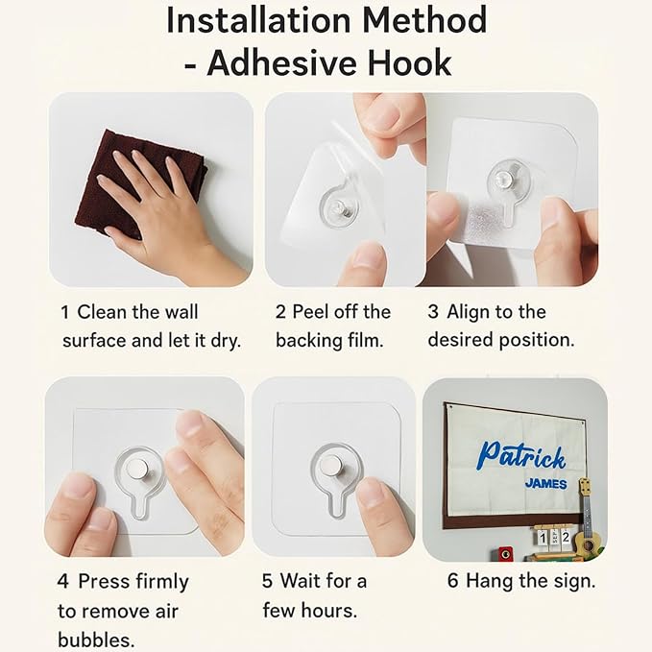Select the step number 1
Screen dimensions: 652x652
click(x=65, y=312)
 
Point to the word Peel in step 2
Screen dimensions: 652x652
click(x=310, y=312)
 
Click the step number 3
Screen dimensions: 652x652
click(x=433, y=312)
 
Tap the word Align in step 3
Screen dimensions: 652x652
click(x=469, y=313)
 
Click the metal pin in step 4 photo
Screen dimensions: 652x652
click(x=137, y=469)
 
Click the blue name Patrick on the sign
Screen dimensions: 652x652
click(x=521, y=456)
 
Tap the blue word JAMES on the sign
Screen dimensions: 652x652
click(x=545, y=484)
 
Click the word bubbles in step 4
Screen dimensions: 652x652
click(x=96, y=640)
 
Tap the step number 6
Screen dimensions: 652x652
click(x=453, y=581)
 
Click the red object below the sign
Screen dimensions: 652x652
click(x=505, y=554)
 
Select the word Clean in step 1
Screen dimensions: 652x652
click(x=102, y=312)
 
